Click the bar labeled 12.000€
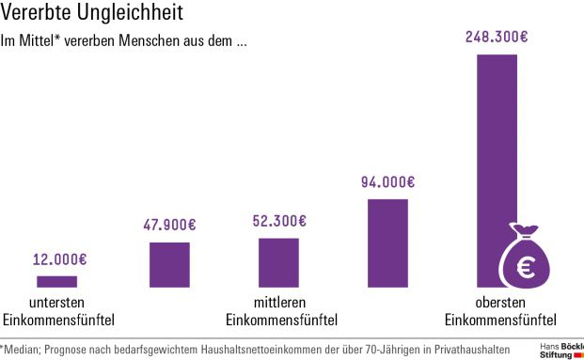[x=56, y=281]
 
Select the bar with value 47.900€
[x=169, y=264]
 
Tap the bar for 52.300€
[x=278, y=262]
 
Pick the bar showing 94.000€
[x=387, y=243]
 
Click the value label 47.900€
[x=169, y=226]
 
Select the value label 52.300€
[x=279, y=222]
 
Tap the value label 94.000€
[x=387, y=182]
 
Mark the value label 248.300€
[x=497, y=38]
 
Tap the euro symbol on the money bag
[x=522, y=268]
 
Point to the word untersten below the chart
[x=57, y=303]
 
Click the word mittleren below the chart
[x=278, y=303]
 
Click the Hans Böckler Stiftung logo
[x=561, y=351]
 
